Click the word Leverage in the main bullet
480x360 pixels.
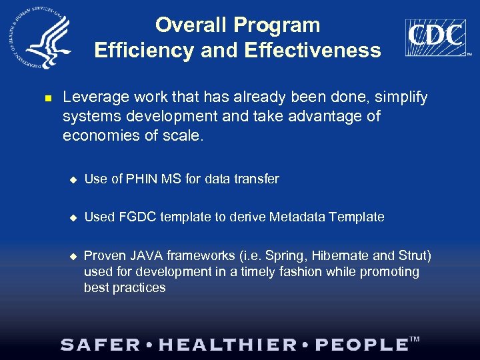point(94,98)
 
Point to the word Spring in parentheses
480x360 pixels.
point(295,256)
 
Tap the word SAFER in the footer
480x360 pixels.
point(101,345)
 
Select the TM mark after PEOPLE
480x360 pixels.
point(415,340)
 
